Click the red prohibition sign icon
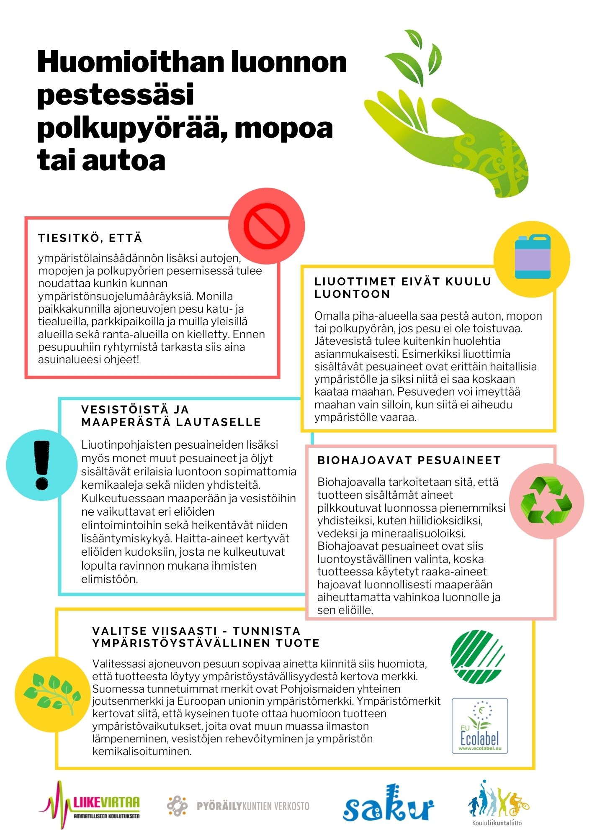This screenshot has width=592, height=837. (267, 226)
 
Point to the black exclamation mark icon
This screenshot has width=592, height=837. (42, 465)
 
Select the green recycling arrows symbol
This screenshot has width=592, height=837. (546, 501)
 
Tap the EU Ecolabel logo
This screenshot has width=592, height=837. (480, 726)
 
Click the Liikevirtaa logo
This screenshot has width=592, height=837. (90, 805)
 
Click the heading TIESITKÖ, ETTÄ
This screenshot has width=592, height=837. (90, 238)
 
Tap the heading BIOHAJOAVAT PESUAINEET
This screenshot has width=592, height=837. (409, 460)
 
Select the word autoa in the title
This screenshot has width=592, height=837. (124, 160)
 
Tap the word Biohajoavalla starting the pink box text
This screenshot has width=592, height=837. (351, 482)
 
